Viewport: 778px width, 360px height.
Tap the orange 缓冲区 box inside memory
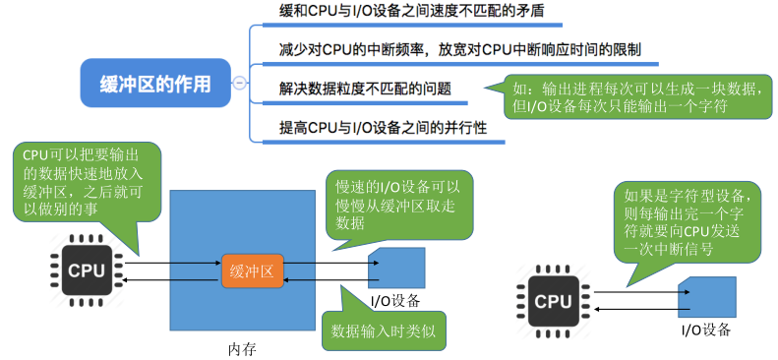coord(252,270)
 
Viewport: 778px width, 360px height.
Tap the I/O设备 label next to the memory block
coord(395,300)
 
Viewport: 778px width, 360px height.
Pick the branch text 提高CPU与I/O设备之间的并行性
coord(377,128)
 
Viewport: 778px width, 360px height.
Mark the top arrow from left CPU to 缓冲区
coord(172,263)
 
